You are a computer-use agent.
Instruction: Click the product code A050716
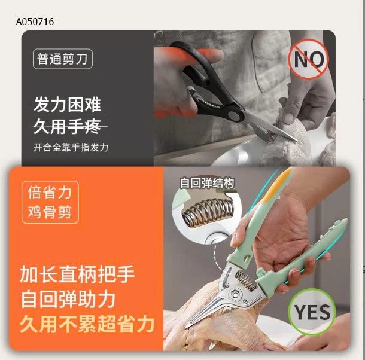(35, 22)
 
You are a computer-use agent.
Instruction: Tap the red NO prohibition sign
(309, 59)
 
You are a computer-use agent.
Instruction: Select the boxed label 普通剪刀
(63, 60)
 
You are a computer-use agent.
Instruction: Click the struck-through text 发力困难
(67, 106)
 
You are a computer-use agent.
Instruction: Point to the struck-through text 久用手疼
(67, 127)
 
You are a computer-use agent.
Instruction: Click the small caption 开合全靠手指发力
(70, 147)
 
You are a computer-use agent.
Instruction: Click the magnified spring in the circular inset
(207, 212)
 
